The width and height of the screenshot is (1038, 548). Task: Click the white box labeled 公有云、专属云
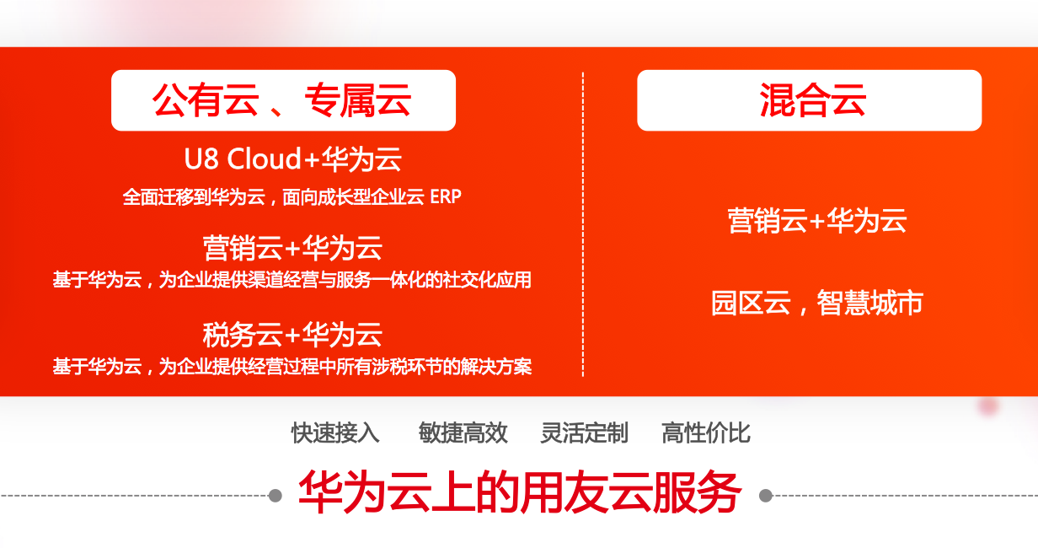click(x=283, y=100)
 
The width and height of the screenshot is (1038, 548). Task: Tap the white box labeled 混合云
click(x=809, y=100)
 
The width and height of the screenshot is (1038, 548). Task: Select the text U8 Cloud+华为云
click(x=293, y=159)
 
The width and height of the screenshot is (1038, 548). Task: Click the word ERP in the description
click(x=446, y=197)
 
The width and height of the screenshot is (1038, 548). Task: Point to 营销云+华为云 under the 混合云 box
click(x=817, y=220)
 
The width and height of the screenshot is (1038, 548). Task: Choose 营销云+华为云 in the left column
click(x=292, y=248)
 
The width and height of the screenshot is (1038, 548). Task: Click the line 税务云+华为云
click(x=292, y=334)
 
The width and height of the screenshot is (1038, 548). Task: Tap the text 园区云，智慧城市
click(x=817, y=303)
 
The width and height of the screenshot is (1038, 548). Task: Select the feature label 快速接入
click(x=335, y=433)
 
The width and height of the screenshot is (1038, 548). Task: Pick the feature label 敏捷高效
click(x=463, y=433)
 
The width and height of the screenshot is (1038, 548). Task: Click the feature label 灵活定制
click(x=585, y=433)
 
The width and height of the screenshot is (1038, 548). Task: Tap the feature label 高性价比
click(x=706, y=433)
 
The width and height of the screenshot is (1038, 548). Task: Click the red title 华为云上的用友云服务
click(x=520, y=492)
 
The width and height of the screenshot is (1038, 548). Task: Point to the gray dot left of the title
click(x=276, y=496)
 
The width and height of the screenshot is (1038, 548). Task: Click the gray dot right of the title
click(x=766, y=496)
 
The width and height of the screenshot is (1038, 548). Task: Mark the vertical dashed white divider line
click(x=583, y=224)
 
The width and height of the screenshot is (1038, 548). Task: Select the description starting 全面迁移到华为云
click(x=292, y=197)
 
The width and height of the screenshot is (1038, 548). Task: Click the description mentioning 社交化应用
click(x=292, y=280)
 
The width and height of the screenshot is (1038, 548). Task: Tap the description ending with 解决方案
click(x=292, y=366)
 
